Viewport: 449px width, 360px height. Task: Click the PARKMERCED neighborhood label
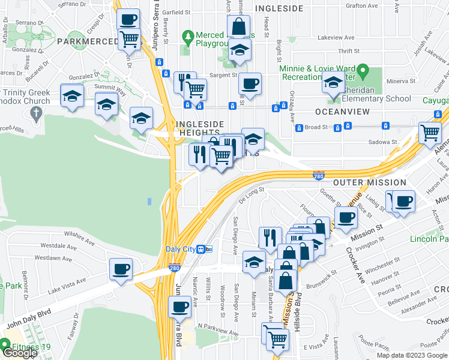(x=88, y=41)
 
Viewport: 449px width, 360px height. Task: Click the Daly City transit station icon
(x=203, y=249)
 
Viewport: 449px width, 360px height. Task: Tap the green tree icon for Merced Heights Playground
(x=188, y=37)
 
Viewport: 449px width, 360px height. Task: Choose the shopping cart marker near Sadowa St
(x=429, y=133)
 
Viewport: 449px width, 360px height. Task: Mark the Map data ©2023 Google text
(x=411, y=355)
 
